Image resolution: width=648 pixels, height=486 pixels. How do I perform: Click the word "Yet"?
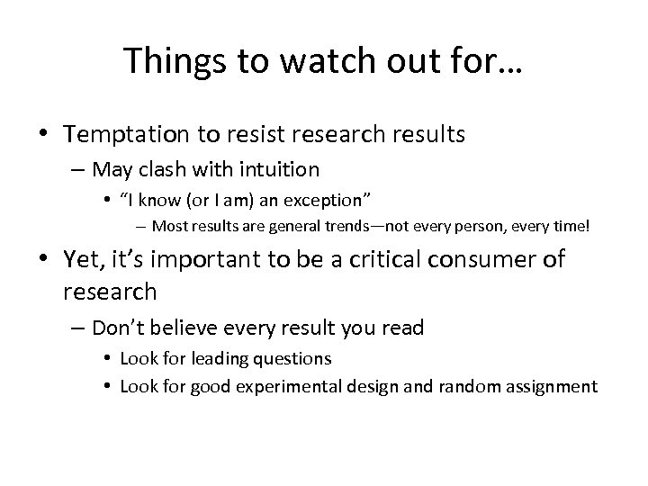(82, 260)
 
